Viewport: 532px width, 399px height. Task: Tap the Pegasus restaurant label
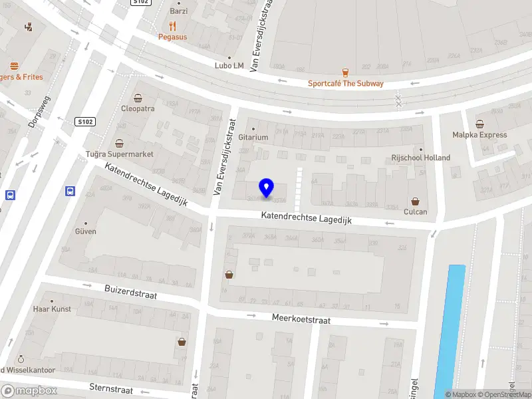click(x=172, y=37)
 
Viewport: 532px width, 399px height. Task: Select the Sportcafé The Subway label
click(x=345, y=83)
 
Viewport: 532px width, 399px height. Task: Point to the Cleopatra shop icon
click(x=138, y=98)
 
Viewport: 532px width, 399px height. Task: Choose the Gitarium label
click(x=253, y=137)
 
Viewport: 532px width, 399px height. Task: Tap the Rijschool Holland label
click(x=420, y=158)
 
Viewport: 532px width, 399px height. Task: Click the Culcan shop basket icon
click(x=416, y=201)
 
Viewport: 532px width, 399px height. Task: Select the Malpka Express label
click(x=479, y=134)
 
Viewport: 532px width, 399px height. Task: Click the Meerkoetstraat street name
click(x=301, y=319)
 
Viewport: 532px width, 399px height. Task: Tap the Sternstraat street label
click(x=111, y=389)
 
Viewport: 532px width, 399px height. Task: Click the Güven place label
click(x=86, y=231)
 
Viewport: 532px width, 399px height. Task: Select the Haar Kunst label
click(x=51, y=309)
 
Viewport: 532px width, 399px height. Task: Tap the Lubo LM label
click(x=229, y=65)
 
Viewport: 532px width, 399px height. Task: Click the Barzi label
click(x=179, y=11)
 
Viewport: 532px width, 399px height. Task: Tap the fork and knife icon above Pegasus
click(x=173, y=26)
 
